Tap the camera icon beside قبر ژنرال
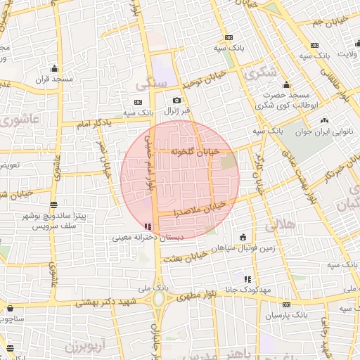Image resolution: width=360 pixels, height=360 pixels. click(177, 101)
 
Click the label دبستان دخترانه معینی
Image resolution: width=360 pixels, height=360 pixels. click(148, 238)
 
